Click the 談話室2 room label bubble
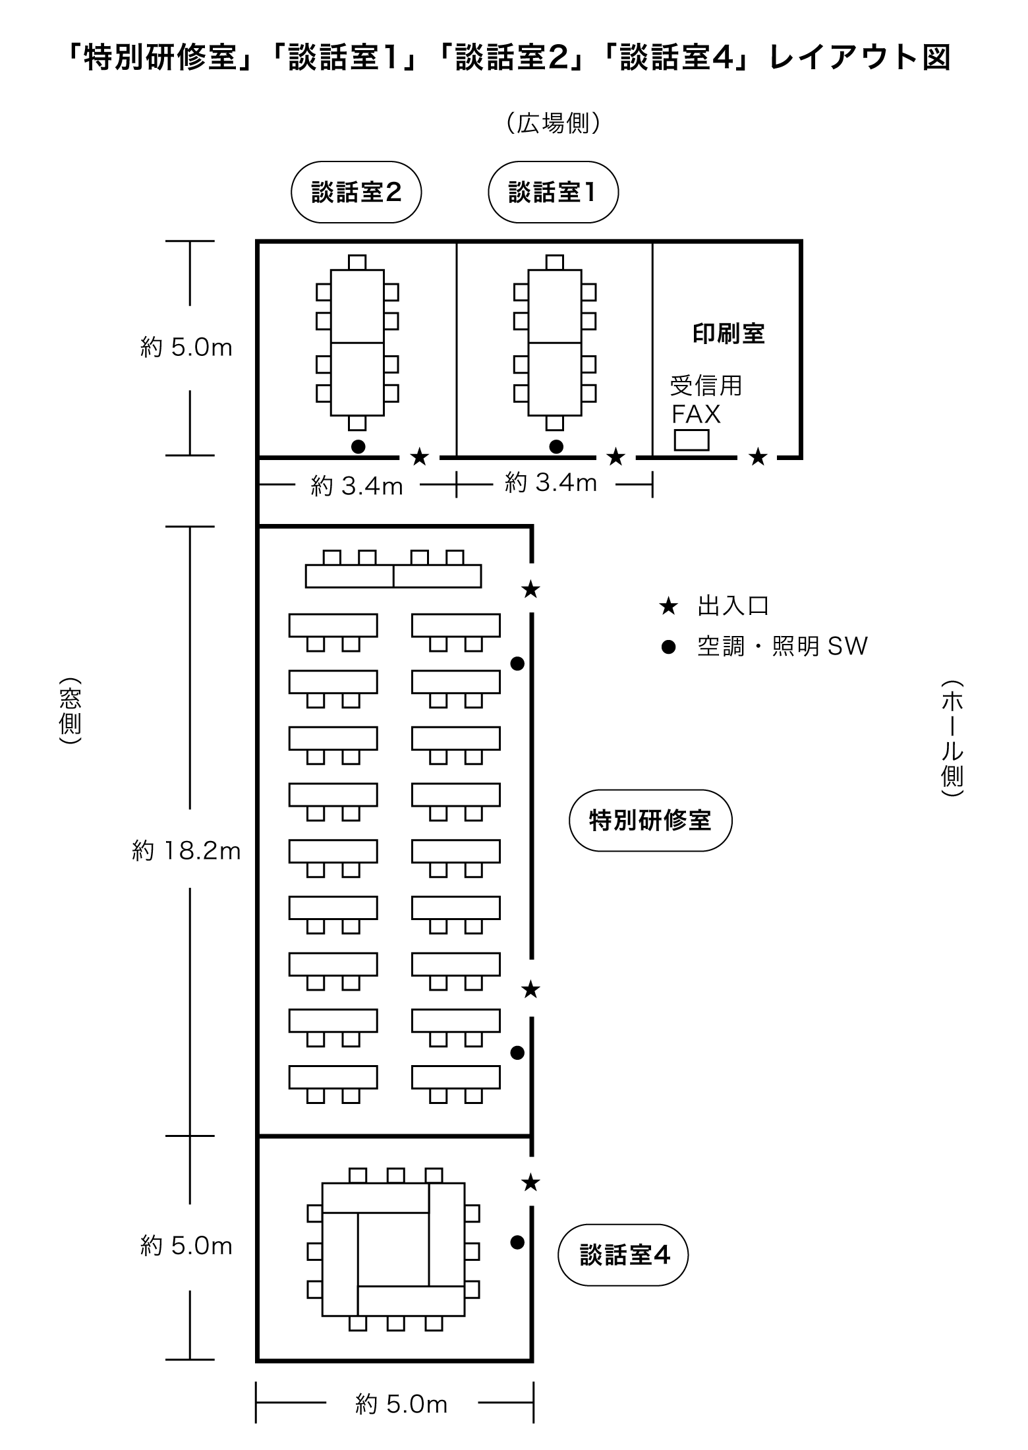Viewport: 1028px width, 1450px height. tap(356, 192)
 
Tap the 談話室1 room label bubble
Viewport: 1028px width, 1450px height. tap(553, 192)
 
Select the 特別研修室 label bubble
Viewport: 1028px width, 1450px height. tap(650, 821)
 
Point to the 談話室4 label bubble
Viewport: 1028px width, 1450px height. tap(623, 1254)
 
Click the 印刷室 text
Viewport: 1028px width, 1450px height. tap(728, 333)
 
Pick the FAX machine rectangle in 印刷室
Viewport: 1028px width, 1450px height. tap(691, 440)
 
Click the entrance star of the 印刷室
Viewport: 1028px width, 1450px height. tap(758, 456)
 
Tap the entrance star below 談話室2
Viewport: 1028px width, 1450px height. tap(420, 456)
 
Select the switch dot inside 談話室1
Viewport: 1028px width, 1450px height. tap(556, 446)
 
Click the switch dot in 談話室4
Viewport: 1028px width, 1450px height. tap(517, 1242)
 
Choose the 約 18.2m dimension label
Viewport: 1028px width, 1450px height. tap(186, 851)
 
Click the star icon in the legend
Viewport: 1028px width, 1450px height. tap(669, 606)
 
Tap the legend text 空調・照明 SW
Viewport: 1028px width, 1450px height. tap(782, 647)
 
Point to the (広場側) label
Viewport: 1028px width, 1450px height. tap(554, 123)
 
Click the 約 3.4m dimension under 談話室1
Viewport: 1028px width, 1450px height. tap(551, 483)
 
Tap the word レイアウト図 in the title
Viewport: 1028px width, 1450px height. tap(860, 58)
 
